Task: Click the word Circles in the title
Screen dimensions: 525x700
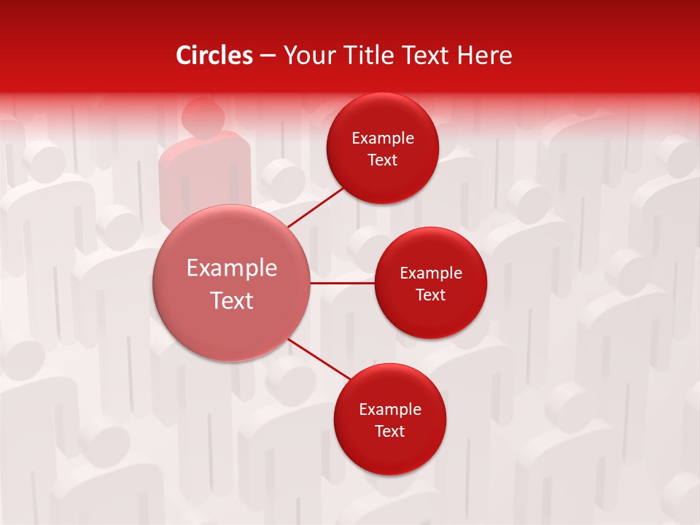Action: pyautogui.click(x=214, y=55)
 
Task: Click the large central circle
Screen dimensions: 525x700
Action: pyautogui.click(x=232, y=283)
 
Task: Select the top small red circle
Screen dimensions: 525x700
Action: pyautogui.click(x=383, y=149)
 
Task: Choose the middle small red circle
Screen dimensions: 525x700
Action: pyautogui.click(x=431, y=283)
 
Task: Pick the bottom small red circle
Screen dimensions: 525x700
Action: pyautogui.click(x=390, y=419)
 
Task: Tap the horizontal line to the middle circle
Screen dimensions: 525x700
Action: pyautogui.click(x=343, y=283)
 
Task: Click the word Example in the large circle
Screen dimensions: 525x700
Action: pyautogui.click(x=232, y=268)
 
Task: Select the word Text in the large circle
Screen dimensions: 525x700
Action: pyautogui.click(x=232, y=300)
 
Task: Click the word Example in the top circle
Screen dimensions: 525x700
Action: pyautogui.click(x=383, y=138)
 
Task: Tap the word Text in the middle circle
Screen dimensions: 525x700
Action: pyautogui.click(x=431, y=295)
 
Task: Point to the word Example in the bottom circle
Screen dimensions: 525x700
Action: pyautogui.click(x=390, y=409)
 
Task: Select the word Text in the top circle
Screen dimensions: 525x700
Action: pyautogui.click(x=383, y=160)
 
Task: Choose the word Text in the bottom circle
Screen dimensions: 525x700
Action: pyautogui.click(x=390, y=431)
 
